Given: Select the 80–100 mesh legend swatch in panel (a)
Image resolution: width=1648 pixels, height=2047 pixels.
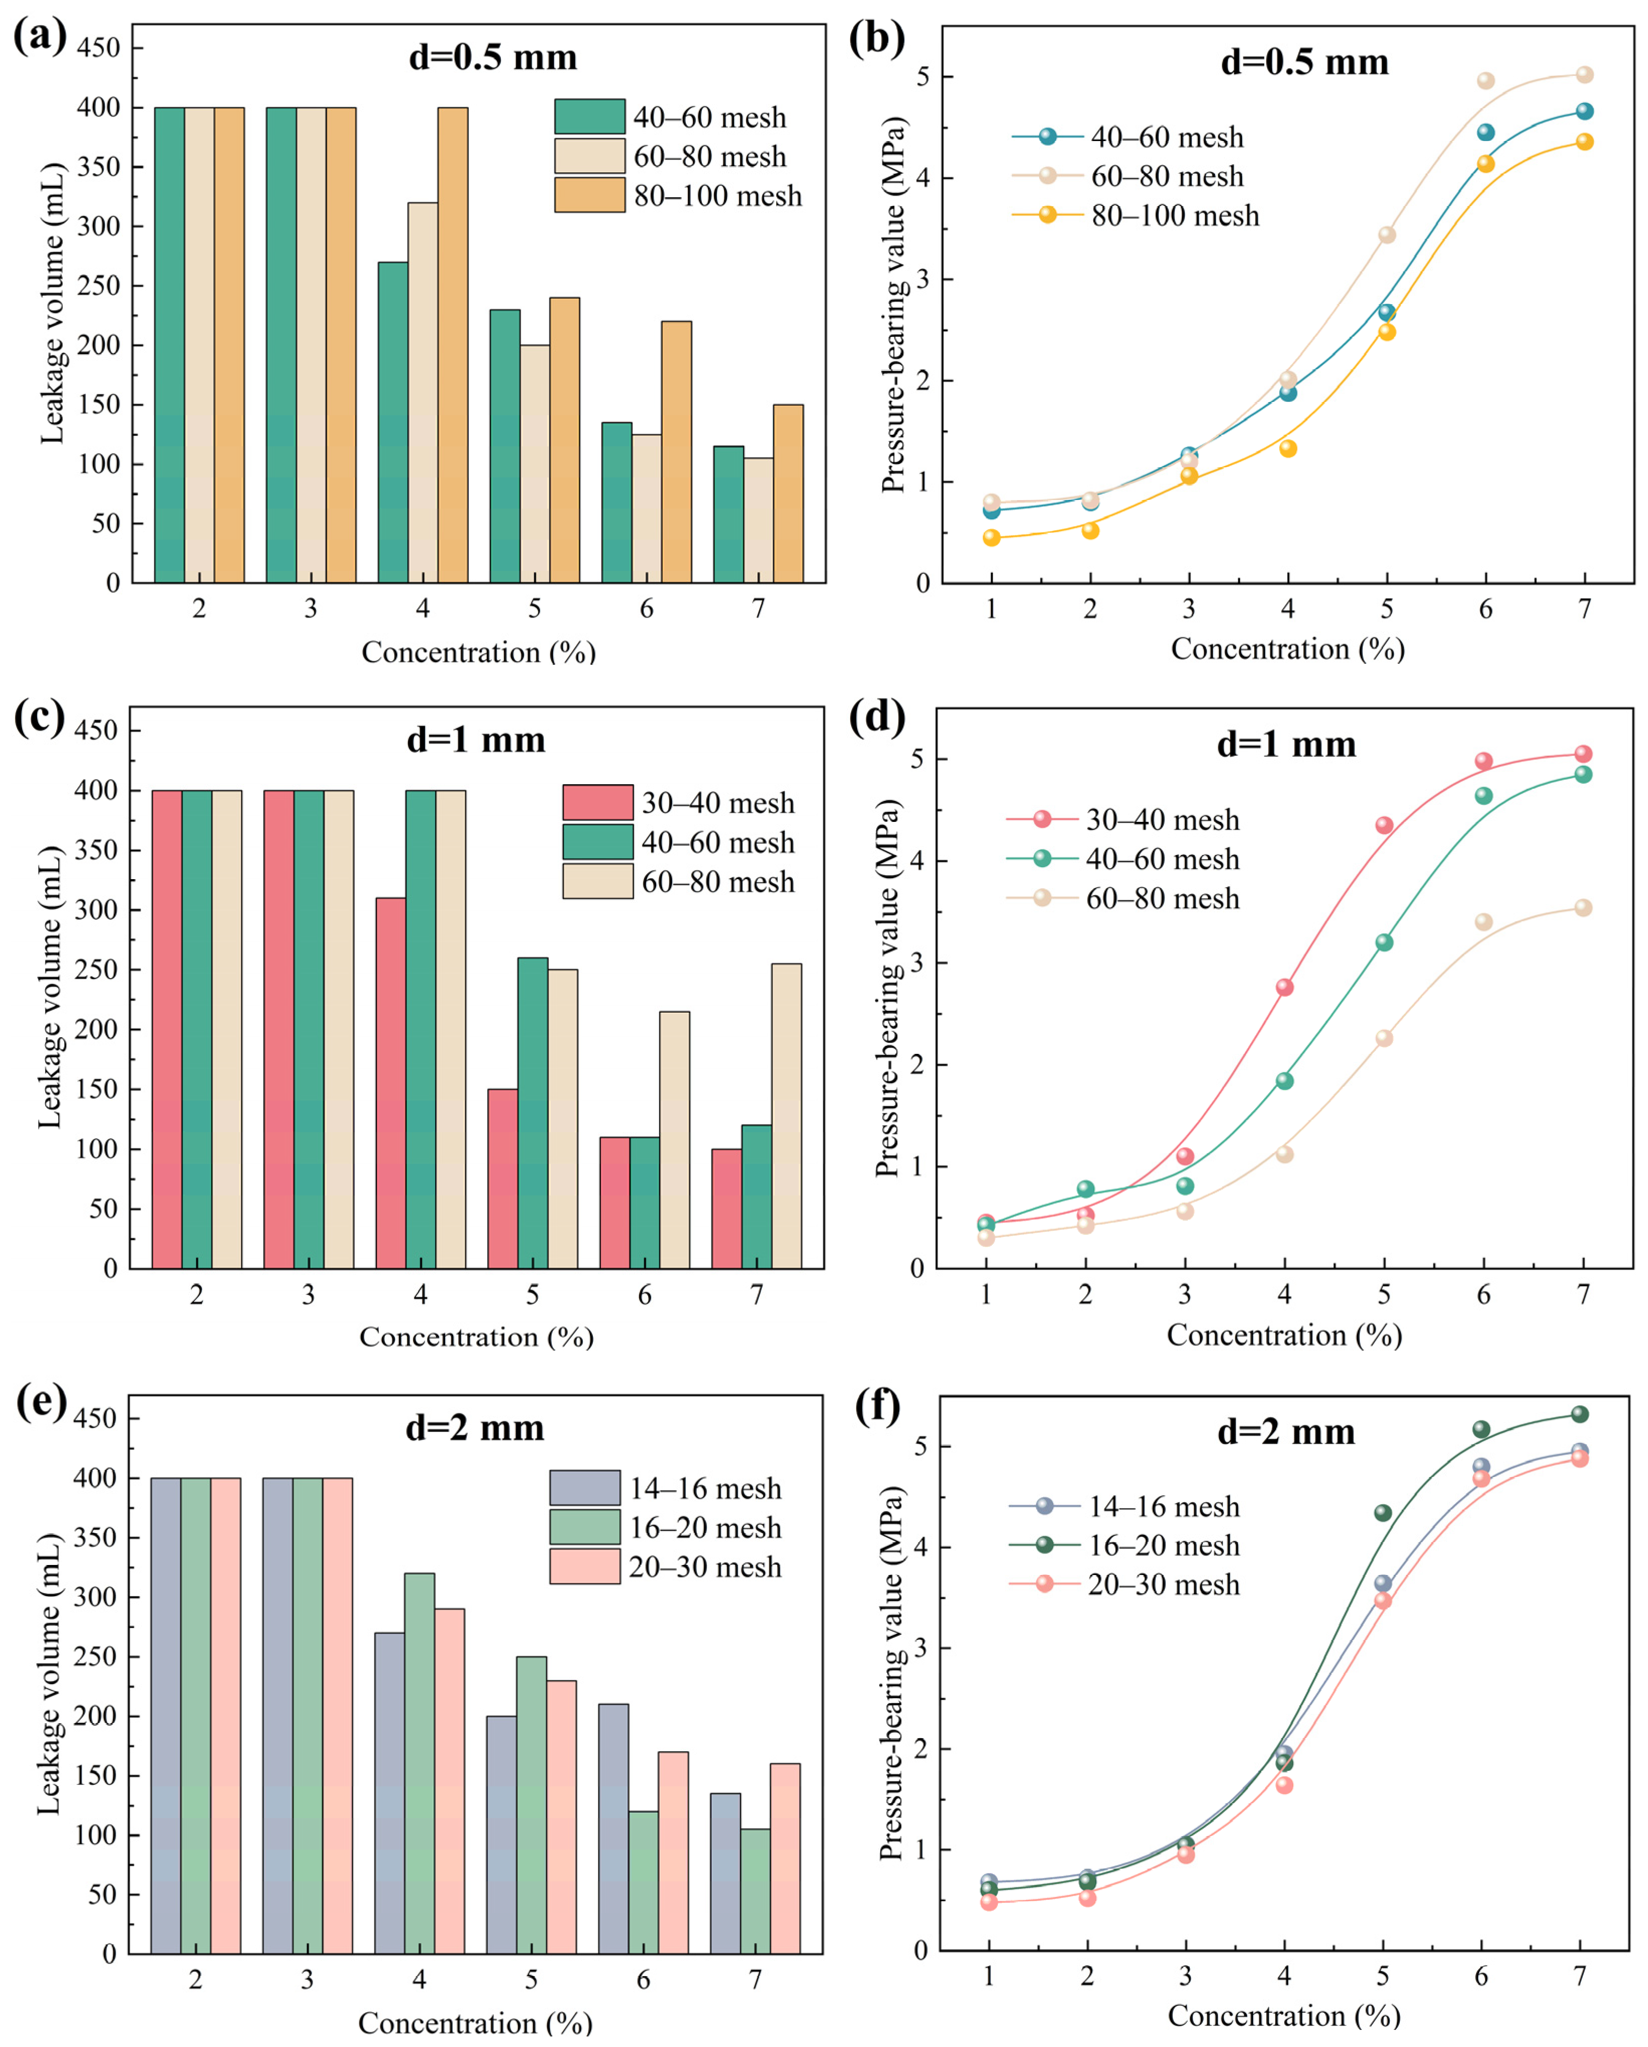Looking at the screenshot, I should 589,195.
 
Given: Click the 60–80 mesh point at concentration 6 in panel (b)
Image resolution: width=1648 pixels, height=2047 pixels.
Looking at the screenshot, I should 1486,81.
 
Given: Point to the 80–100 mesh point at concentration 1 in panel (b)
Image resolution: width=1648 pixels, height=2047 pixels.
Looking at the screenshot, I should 992,537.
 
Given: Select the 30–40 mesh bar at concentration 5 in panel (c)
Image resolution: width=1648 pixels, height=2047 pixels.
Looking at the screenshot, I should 502,1178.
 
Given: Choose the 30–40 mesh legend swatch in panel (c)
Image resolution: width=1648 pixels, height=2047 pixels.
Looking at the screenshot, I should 597,802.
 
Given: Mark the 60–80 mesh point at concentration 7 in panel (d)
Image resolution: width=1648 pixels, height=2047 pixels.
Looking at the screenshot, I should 1583,908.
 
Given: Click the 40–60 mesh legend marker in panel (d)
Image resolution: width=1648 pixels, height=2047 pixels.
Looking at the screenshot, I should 1042,858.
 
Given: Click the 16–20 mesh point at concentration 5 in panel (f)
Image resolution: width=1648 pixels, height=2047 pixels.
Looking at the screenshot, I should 1383,1512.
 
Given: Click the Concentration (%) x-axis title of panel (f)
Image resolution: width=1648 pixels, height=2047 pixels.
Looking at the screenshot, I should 1284,2015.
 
